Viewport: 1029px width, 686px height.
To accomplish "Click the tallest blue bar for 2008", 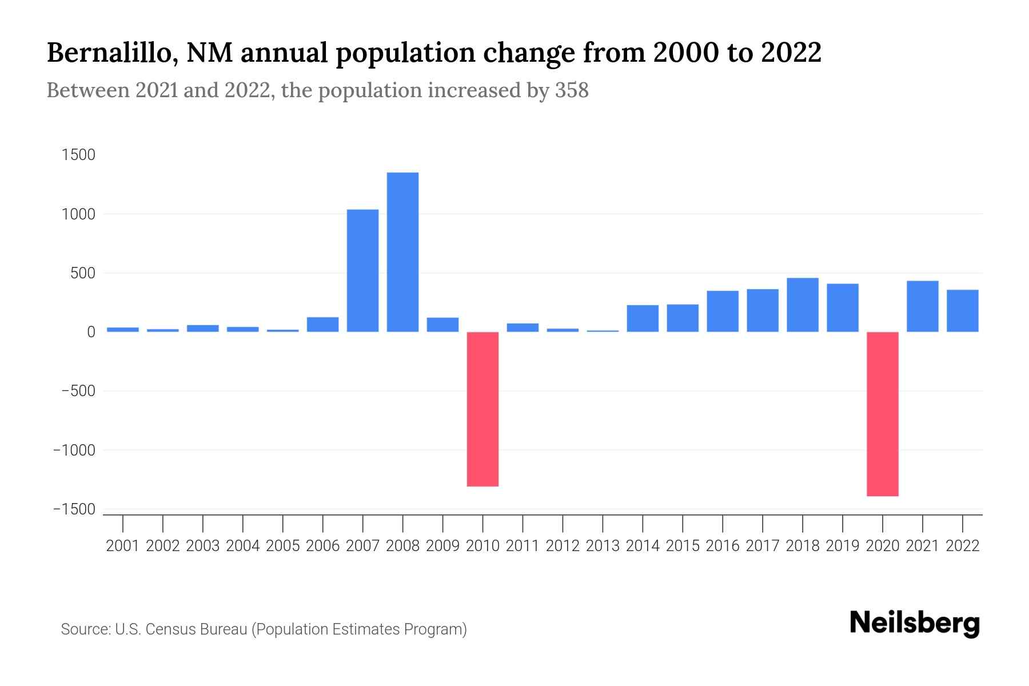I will (402, 252).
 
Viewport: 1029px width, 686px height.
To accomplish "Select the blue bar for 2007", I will (362, 270).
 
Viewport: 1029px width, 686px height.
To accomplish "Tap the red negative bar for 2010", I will (482, 409).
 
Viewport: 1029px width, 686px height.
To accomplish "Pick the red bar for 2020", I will (882, 414).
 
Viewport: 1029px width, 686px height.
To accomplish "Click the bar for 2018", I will (802, 305).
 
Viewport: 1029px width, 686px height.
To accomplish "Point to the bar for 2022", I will (962, 311).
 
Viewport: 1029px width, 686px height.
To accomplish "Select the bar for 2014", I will (643, 318).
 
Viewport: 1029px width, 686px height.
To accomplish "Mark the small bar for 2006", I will (322, 324).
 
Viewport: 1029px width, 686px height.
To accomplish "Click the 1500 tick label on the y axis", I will (78, 155).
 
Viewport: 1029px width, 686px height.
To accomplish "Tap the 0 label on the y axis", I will (91, 332).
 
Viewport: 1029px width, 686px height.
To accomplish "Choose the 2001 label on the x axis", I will (123, 546).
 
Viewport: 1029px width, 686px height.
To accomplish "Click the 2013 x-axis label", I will (603, 546).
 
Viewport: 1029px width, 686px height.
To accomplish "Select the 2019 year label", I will (842, 546).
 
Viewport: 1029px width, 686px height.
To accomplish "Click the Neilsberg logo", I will (914, 624).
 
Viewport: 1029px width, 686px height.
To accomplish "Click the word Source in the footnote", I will (85, 629).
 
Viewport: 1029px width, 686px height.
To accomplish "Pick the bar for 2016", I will (722, 312).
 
